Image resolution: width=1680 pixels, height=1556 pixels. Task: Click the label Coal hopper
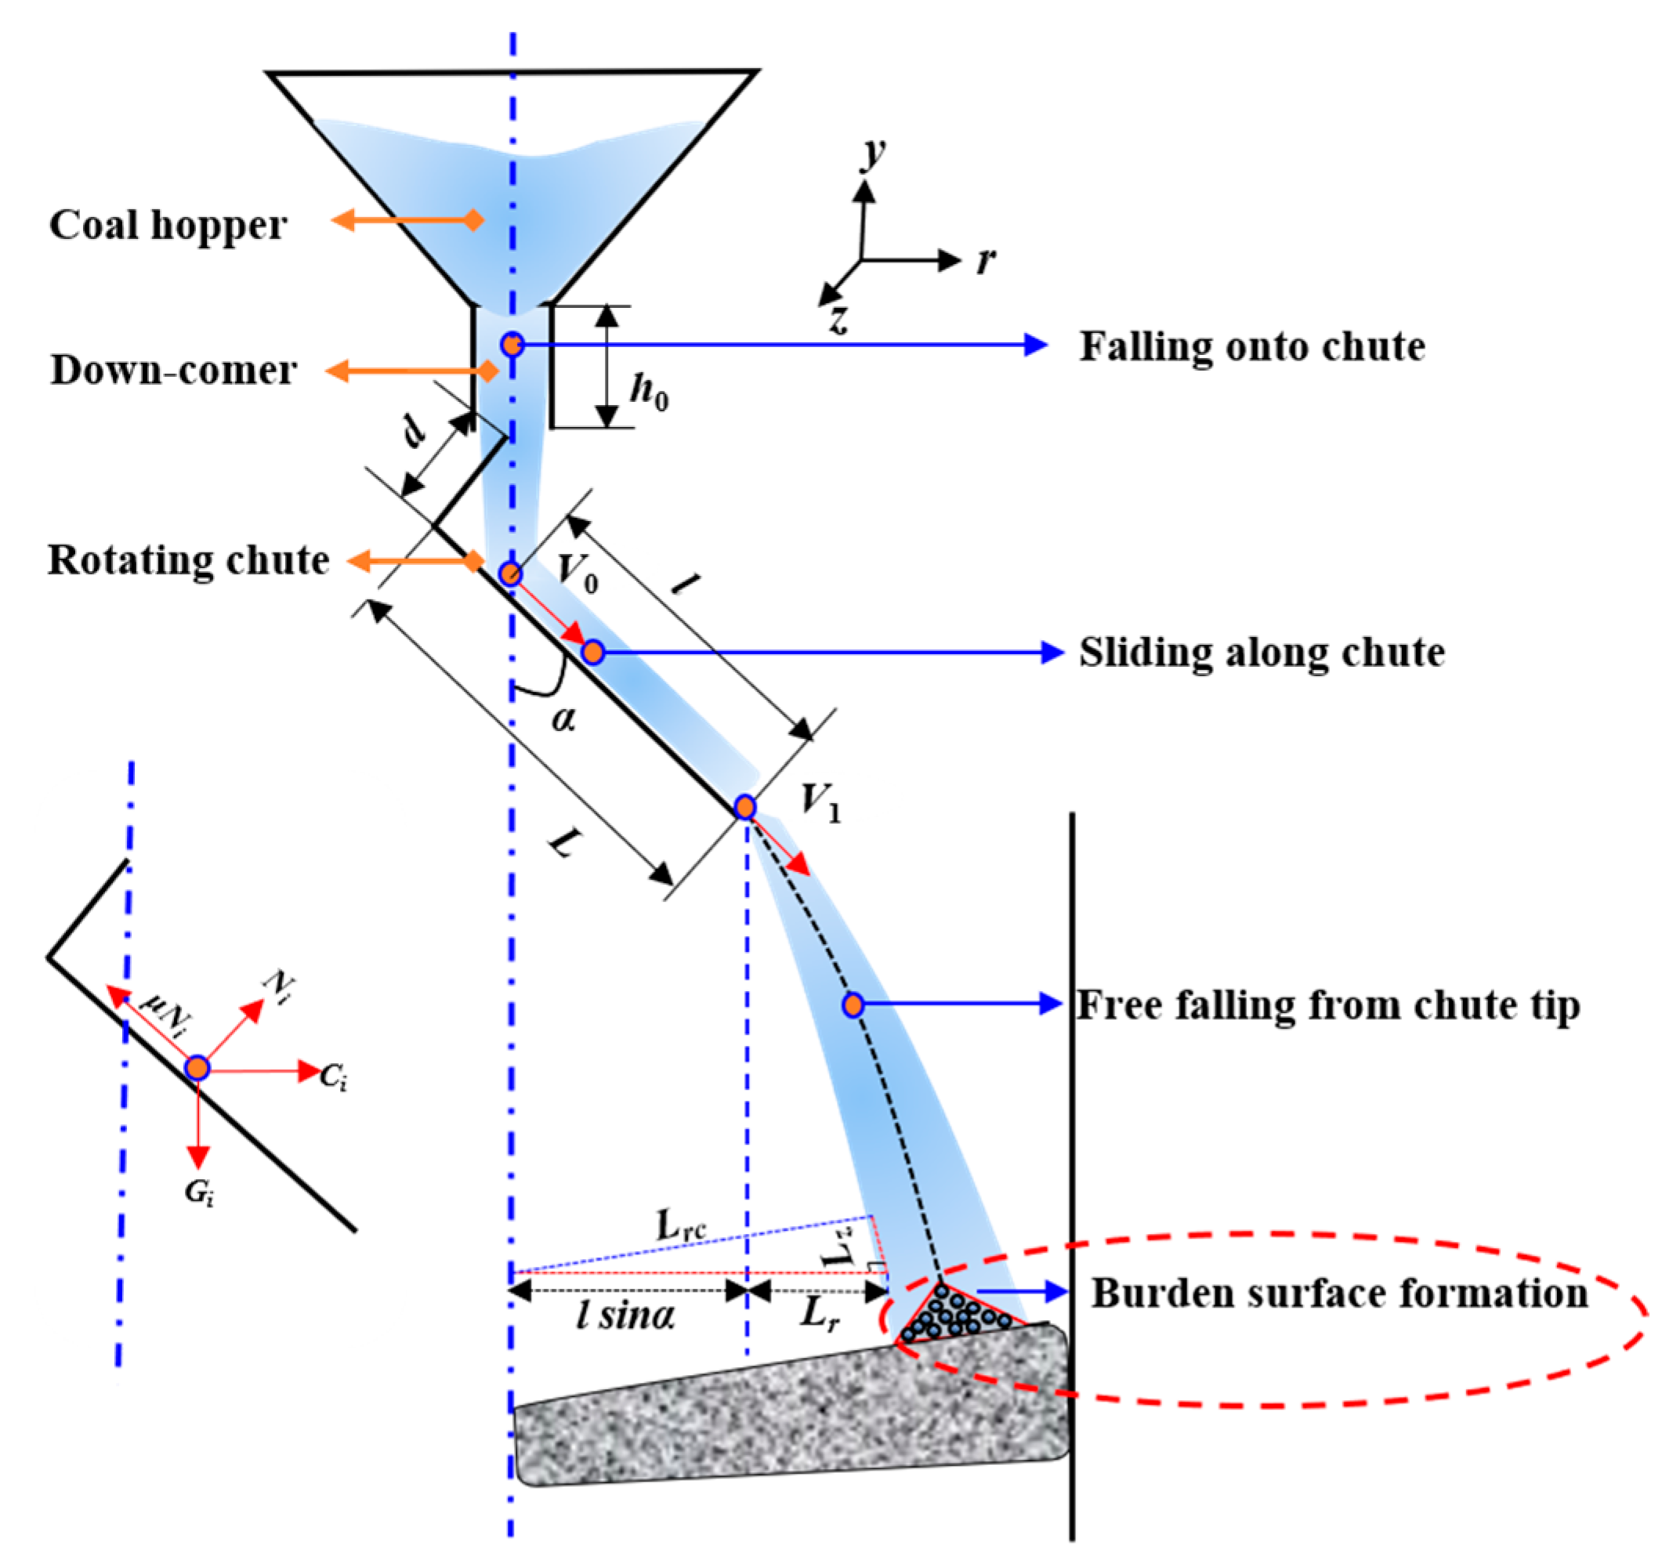pyautogui.click(x=168, y=225)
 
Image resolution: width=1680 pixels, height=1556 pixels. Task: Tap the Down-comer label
pyautogui.click(x=172, y=370)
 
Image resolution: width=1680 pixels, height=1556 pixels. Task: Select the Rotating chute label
pyautogui.click(x=188, y=560)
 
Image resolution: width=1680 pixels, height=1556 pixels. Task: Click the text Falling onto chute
pyautogui.click(x=1252, y=346)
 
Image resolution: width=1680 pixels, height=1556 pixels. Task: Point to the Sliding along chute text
pyautogui.click(x=1262, y=653)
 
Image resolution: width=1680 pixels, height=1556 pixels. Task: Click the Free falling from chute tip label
pyautogui.click(x=1328, y=1005)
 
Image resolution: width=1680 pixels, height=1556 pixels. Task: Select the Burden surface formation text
pyautogui.click(x=1339, y=1294)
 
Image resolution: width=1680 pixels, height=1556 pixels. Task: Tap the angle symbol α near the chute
pyautogui.click(x=563, y=718)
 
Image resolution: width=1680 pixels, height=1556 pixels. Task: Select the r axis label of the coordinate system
pyautogui.click(x=986, y=260)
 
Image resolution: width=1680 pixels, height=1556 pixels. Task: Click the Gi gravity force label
pyautogui.click(x=199, y=1192)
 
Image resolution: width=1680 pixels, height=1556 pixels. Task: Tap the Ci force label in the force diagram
pyautogui.click(x=334, y=1076)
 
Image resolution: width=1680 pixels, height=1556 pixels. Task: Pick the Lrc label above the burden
pyautogui.click(x=680, y=1225)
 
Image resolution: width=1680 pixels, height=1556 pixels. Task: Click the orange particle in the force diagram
pyautogui.click(x=197, y=1069)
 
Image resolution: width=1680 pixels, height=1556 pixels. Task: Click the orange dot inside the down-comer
pyautogui.click(x=512, y=345)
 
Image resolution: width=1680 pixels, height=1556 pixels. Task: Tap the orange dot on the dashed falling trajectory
pyautogui.click(x=853, y=1004)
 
